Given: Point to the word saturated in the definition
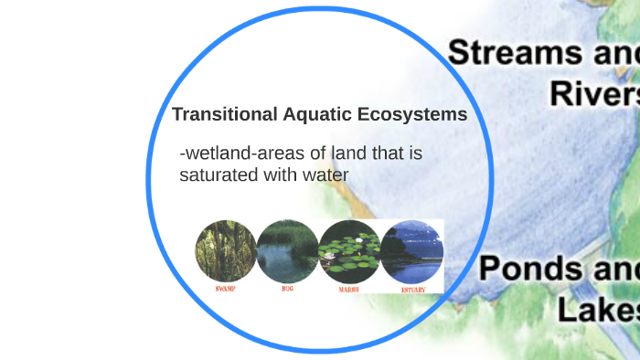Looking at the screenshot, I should [219, 174].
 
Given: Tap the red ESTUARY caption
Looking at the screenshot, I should [412, 289].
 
